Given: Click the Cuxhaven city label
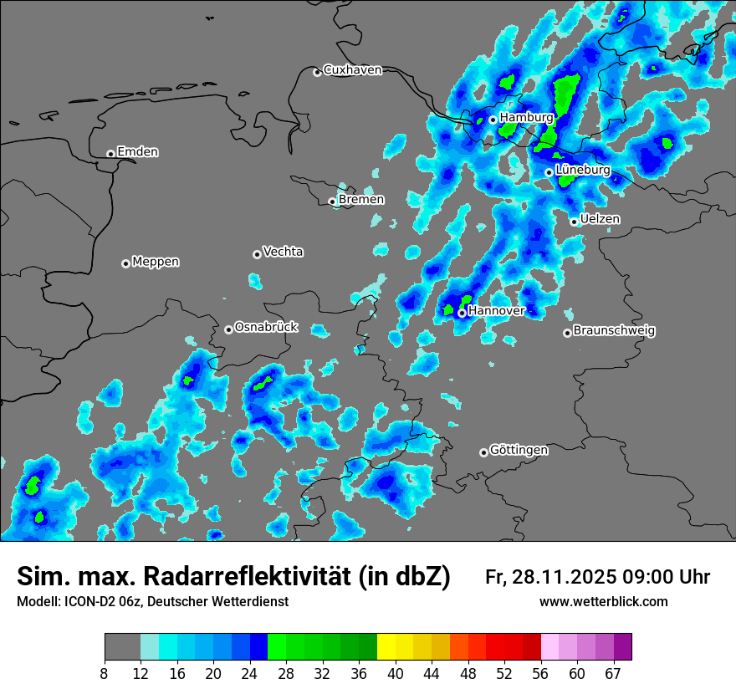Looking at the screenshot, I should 352,70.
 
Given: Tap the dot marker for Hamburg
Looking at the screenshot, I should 493,120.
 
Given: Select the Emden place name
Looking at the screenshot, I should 137,152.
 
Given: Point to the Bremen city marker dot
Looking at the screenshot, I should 332,202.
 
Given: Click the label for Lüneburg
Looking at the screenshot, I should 583,170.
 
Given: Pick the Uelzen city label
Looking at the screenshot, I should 600,219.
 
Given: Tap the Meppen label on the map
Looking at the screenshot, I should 156,262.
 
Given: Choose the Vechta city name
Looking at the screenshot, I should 283,252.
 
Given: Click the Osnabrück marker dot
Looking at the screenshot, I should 228,329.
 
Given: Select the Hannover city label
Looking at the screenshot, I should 497,311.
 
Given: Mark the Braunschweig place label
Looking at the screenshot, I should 614,331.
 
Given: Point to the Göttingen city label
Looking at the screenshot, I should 519,451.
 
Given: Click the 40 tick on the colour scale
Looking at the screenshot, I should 396,673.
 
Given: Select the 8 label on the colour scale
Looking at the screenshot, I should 105,673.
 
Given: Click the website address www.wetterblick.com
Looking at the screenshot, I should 603,602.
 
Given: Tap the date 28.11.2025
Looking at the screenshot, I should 565,577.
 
